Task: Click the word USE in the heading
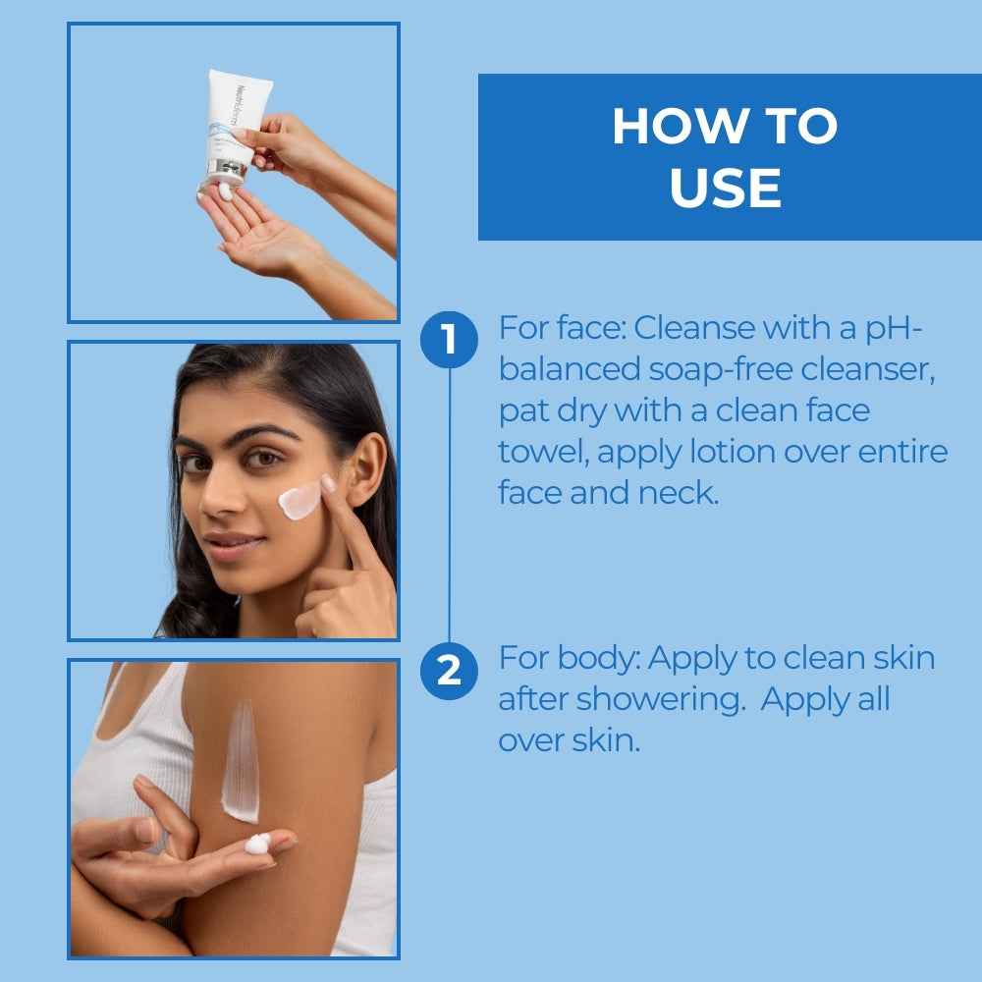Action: tap(726, 188)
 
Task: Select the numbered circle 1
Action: tap(449, 340)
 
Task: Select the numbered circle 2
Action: tap(449, 671)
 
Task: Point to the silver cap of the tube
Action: tap(223, 170)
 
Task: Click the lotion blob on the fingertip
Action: tap(257, 843)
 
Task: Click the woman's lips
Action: tap(229, 542)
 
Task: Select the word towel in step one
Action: tap(544, 452)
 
